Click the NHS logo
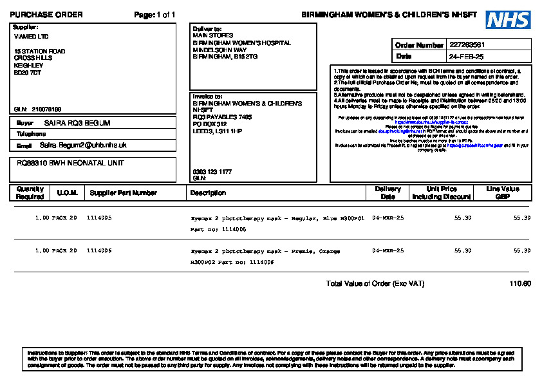[508, 20]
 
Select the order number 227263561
[467, 45]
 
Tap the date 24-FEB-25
[466, 57]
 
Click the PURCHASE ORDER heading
[46, 15]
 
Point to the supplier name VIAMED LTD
[31, 37]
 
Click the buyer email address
[83, 145]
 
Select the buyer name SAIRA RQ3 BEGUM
[77, 123]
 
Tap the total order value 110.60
[519, 284]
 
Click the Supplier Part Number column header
[123, 192]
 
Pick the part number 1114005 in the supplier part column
[99, 218]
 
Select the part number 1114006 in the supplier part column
[99, 251]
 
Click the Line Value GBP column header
[503, 192]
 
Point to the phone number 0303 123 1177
[211, 172]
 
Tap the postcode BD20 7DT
[28, 73]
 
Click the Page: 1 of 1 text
[154, 15]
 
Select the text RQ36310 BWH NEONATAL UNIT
[70, 163]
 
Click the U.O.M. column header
[68, 192]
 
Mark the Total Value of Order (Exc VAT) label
[375, 284]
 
